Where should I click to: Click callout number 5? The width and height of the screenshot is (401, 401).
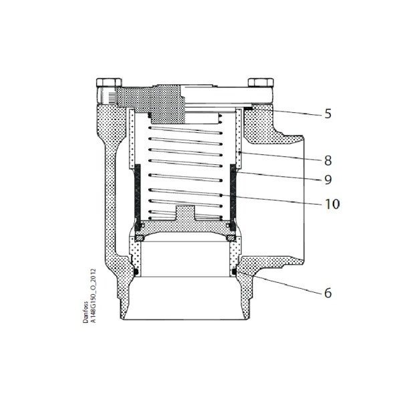[327, 114]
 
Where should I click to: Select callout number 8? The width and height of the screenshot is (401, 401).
[327, 160]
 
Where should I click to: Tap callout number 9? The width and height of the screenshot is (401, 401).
[327, 180]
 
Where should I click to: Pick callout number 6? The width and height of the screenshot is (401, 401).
[327, 293]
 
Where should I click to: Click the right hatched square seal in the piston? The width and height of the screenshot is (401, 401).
[229, 238]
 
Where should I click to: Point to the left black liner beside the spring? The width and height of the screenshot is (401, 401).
[137, 194]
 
